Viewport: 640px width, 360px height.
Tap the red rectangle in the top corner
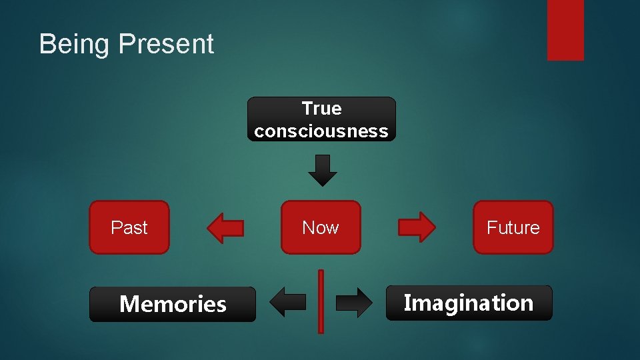coord(565,30)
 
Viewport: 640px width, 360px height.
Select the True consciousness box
coord(321,119)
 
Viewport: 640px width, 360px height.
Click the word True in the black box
coord(321,108)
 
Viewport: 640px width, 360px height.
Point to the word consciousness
coord(321,131)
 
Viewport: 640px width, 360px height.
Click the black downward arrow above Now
coord(322,170)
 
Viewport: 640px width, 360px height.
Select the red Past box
coord(129,227)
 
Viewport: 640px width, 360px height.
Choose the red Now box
coord(321,227)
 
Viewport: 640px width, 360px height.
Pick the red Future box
coord(513,227)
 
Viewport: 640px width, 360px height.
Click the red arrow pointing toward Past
coord(225,228)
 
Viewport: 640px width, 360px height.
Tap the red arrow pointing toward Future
coord(417,228)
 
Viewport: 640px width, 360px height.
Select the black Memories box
coord(173,305)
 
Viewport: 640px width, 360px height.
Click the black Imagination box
coord(469,303)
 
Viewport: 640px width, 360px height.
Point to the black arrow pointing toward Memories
coord(287,302)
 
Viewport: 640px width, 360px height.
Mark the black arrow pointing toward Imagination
coord(354,302)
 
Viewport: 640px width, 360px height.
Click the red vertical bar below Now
coord(321,301)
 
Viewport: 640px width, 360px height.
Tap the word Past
coord(129,227)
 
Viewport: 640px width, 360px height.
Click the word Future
coord(513,227)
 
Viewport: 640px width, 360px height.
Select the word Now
coord(321,227)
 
